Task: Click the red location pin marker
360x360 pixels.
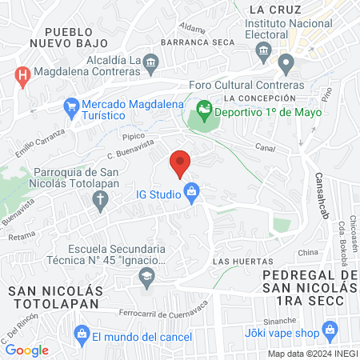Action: point(180,162)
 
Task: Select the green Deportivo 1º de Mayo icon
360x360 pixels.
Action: point(204,106)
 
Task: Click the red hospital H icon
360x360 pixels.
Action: point(23,77)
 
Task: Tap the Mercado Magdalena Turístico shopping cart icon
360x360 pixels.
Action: point(71,106)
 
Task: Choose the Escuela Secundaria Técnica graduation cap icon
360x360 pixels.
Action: point(146,278)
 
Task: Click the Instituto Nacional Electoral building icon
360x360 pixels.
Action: point(262,53)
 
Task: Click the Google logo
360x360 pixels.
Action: point(26,350)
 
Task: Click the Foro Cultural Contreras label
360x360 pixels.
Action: point(246,86)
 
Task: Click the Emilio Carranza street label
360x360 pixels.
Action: point(38,142)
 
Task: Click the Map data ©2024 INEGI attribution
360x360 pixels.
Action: point(312,353)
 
